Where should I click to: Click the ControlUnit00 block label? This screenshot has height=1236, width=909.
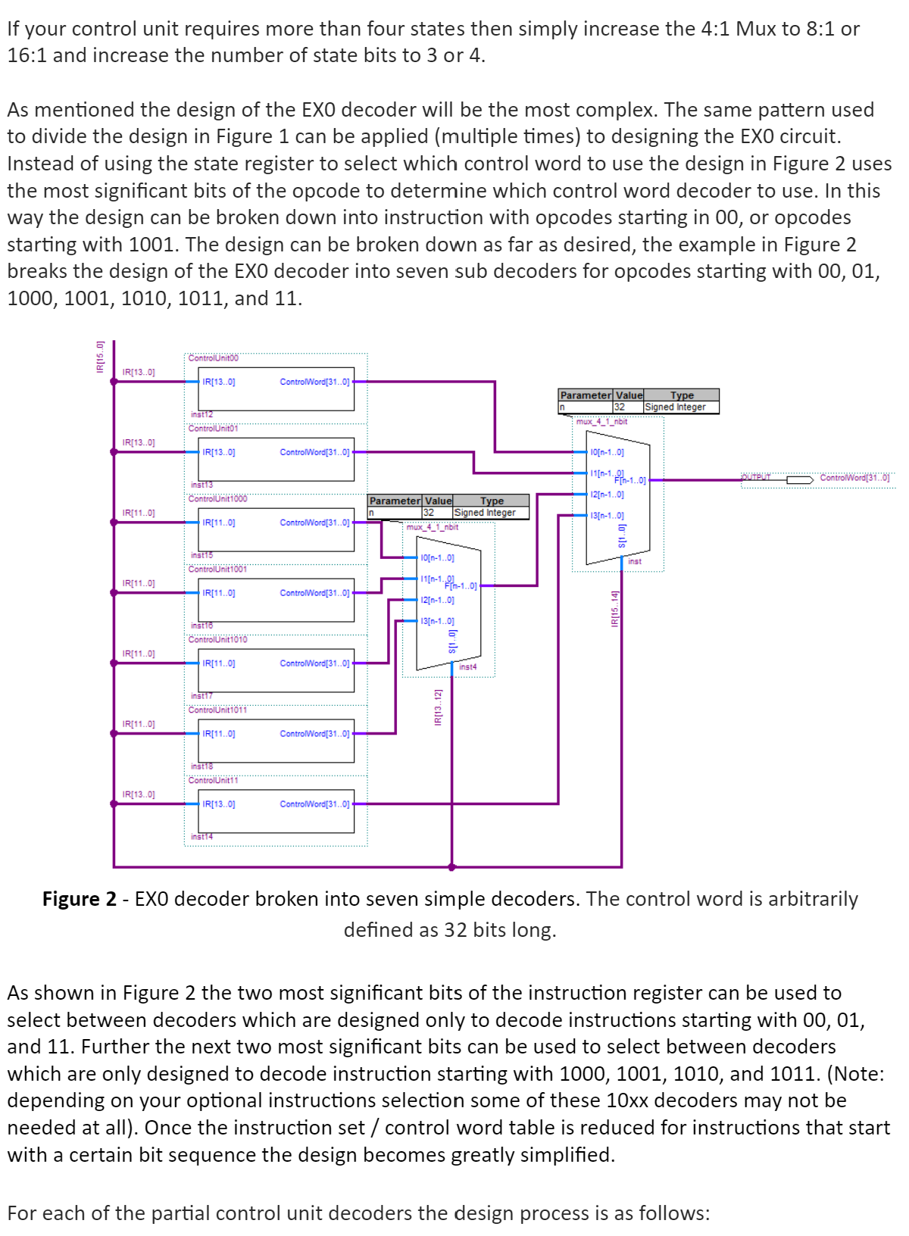213,357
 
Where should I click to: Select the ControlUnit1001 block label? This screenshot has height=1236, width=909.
217,569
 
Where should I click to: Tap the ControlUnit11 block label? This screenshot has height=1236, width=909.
213,780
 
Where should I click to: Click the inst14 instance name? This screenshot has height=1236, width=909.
201,837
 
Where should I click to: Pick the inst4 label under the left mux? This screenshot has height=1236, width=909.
468,667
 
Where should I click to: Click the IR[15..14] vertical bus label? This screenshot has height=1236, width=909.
615,608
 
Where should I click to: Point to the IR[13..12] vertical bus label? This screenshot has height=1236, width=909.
437,707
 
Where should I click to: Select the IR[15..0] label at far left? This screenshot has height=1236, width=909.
99,357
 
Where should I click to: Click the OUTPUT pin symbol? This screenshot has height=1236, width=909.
799,479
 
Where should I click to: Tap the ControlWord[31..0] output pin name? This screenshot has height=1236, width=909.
855,478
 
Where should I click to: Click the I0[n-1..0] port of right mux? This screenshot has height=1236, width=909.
607,452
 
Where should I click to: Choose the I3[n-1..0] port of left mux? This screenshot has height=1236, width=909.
437,621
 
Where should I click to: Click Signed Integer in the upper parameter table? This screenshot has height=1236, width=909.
675,407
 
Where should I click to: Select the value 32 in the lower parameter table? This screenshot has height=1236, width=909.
429,513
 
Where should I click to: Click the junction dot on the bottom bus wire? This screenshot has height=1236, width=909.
452,866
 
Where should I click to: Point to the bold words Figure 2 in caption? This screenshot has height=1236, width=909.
80,899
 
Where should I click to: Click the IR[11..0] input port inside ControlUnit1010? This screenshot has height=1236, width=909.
219,663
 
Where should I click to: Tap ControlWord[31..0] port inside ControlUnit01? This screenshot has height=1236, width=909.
314,452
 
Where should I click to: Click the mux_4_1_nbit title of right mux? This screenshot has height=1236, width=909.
601,422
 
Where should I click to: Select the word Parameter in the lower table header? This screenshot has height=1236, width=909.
395,501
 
